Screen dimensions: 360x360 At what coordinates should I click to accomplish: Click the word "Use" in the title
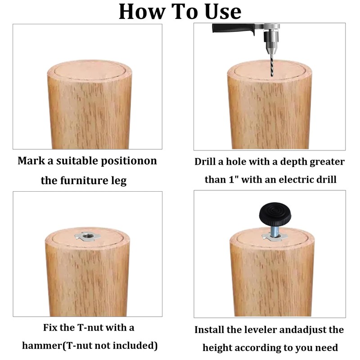[x=223, y=12]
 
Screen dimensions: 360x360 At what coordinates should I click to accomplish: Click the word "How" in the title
[x=142, y=12]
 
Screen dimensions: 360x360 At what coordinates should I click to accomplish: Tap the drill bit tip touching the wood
[x=272, y=76]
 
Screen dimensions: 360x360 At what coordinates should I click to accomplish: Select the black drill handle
[x=234, y=28]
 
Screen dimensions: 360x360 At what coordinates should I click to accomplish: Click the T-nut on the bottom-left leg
[x=86, y=236]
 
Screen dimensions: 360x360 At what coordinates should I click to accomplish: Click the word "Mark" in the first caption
[x=31, y=161]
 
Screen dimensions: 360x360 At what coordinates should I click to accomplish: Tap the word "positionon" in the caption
[x=129, y=161]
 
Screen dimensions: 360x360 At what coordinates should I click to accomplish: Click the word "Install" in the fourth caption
[x=209, y=330]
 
